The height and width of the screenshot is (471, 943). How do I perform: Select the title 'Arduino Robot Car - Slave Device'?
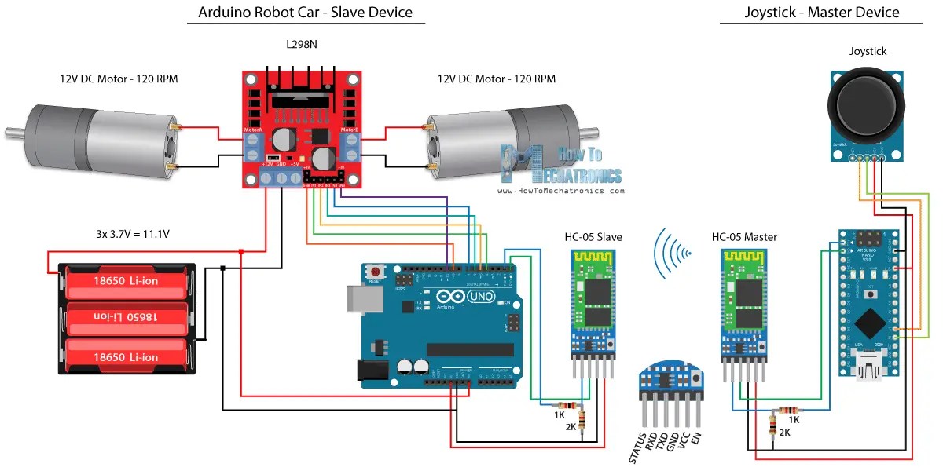(x=305, y=13)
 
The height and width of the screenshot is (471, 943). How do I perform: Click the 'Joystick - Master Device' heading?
(x=821, y=13)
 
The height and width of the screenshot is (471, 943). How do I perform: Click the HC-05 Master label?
(x=746, y=237)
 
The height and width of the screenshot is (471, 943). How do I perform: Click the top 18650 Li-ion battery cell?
(x=126, y=281)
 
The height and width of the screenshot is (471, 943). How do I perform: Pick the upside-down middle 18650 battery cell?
(x=126, y=316)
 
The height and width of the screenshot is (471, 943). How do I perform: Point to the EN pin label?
(x=695, y=439)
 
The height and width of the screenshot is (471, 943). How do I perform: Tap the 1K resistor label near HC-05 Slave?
(x=559, y=414)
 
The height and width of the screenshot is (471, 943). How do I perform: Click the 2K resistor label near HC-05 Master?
(x=784, y=432)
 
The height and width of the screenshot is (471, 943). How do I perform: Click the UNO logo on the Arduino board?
(x=481, y=298)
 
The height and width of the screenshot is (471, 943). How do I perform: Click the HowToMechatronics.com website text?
(x=561, y=190)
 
